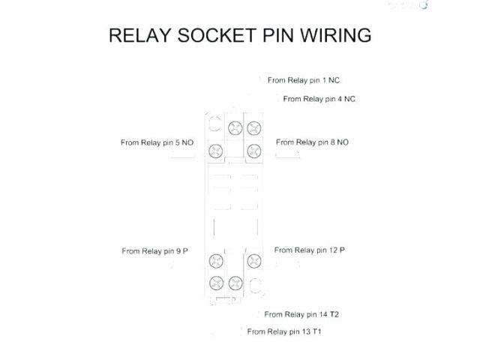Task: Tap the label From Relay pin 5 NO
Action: point(157,142)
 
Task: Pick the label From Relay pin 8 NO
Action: point(312,142)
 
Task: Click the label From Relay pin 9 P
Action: point(154,251)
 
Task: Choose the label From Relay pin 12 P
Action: point(309,250)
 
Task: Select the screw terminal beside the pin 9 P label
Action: point(216,261)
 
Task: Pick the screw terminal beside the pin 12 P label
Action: point(254,261)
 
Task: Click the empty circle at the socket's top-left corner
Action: point(215,124)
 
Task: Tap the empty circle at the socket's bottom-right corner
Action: point(256,283)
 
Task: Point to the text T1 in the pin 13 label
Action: point(317,331)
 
